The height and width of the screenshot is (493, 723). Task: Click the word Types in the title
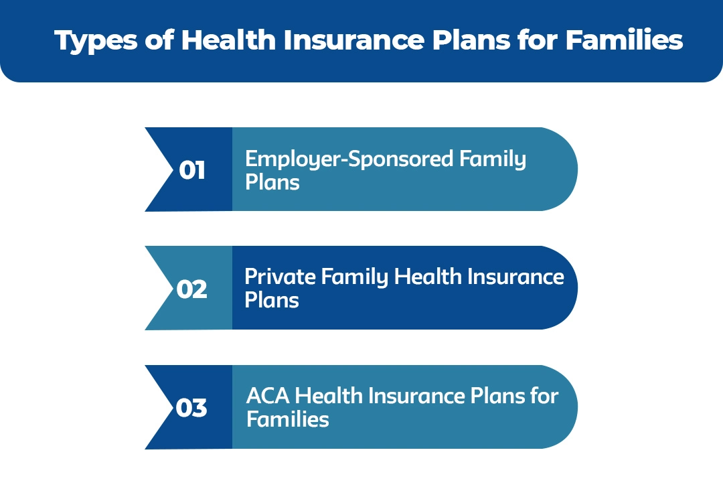[93, 40]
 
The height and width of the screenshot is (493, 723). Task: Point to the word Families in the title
[624, 40]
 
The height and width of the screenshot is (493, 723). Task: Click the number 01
[192, 171]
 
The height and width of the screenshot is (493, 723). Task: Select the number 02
[192, 289]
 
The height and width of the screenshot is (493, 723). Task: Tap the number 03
[192, 408]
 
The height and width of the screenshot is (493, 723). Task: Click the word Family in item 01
[493, 159]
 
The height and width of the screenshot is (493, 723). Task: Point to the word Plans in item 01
[272, 182]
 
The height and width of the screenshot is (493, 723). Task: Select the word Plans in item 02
[272, 299]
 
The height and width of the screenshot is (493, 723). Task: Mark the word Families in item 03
[287, 419]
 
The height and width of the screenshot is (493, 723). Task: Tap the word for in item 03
[544, 396]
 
